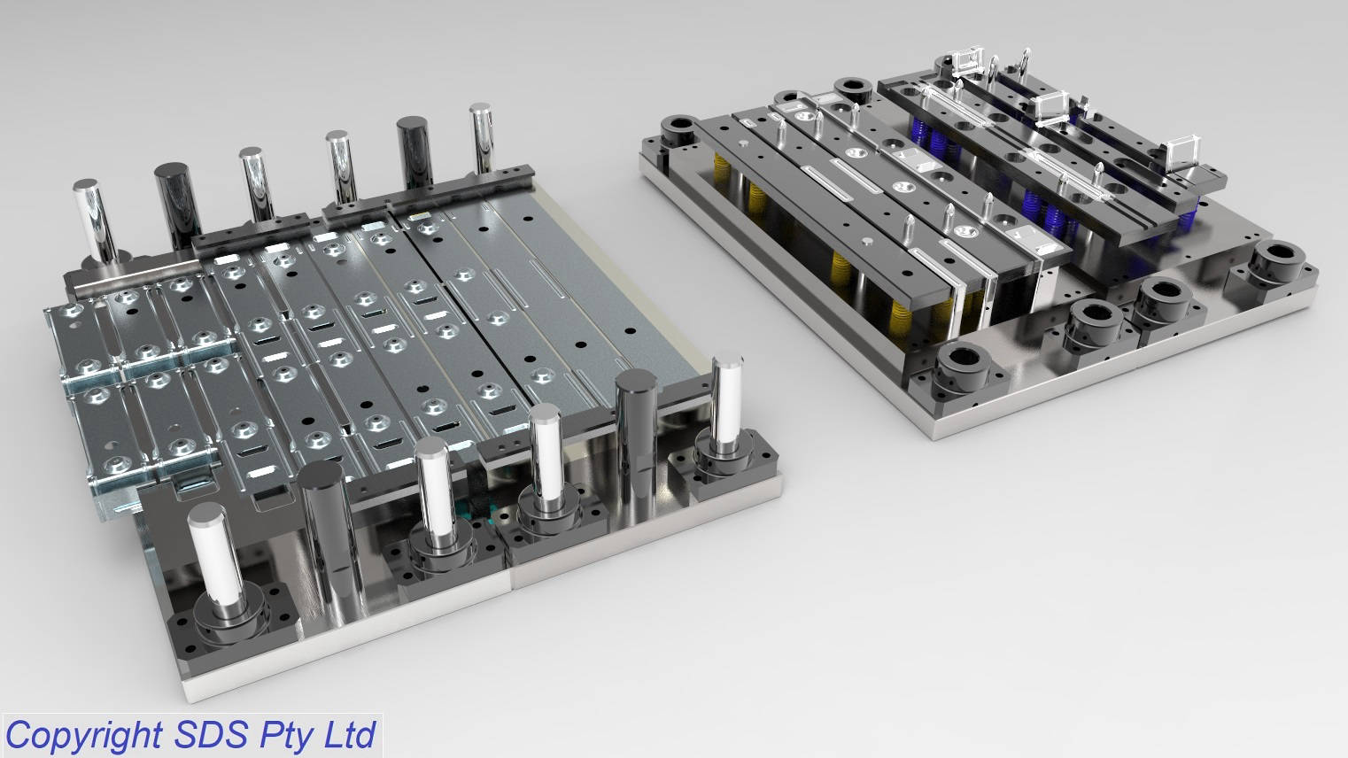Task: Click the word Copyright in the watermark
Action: [x=84, y=736]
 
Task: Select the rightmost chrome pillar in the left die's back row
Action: [x=482, y=138]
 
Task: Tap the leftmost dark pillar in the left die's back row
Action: [x=178, y=205]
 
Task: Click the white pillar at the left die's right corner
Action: [x=726, y=400]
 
